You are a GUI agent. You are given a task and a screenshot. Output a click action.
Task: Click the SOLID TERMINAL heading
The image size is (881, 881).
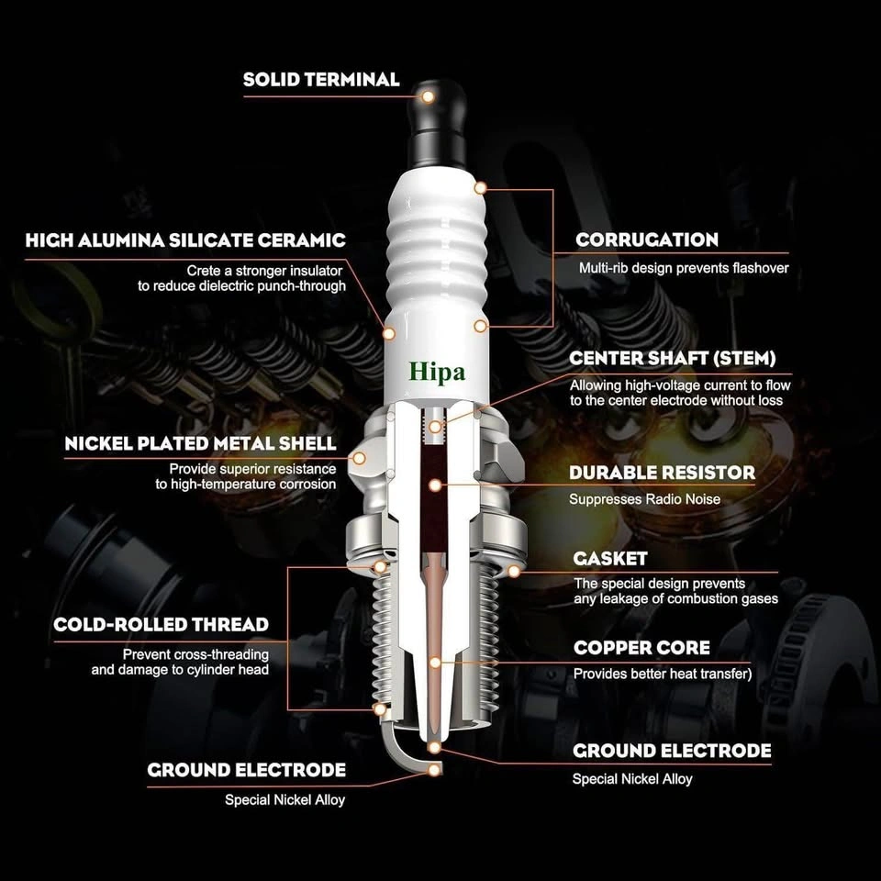coord(321,79)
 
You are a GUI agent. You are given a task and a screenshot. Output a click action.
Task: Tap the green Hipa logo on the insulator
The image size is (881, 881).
coord(437,373)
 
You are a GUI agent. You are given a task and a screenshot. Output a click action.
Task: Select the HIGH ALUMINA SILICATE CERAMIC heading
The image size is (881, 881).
coord(185,240)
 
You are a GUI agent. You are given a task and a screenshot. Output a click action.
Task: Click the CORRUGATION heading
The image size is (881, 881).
coord(647,240)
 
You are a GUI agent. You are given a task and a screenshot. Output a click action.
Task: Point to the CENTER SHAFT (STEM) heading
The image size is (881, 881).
coord(672,359)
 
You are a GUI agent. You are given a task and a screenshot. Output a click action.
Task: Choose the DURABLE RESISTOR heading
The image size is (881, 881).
coord(662,473)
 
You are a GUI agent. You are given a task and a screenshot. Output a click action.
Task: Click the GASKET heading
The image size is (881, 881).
coord(610,559)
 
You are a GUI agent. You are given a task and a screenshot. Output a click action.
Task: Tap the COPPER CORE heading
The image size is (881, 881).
coord(641,648)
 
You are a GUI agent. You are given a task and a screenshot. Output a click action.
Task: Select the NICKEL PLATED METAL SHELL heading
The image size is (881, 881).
coord(200,443)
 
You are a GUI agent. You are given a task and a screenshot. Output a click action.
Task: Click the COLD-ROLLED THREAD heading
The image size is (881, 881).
coord(161,625)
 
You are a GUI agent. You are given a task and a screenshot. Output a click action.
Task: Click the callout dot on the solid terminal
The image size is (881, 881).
coord(429,96)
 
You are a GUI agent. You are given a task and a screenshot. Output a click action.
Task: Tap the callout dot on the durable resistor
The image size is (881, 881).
coord(435,485)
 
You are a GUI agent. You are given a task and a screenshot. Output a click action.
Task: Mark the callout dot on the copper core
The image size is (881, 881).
coord(435,663)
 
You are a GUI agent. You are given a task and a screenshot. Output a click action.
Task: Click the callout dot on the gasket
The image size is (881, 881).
coord(514,572)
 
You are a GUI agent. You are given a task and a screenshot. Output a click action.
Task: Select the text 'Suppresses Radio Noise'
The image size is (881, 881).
coord(644,499)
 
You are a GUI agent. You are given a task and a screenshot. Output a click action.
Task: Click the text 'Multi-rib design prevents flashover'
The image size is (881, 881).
coord(684,268)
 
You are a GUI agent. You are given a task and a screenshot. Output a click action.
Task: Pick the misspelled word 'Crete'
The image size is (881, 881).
coord(204,271)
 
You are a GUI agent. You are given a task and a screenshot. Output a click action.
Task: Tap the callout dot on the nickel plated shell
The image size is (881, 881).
coord(359,459)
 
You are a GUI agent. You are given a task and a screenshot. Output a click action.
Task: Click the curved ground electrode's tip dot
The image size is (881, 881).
coord(434,769)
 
